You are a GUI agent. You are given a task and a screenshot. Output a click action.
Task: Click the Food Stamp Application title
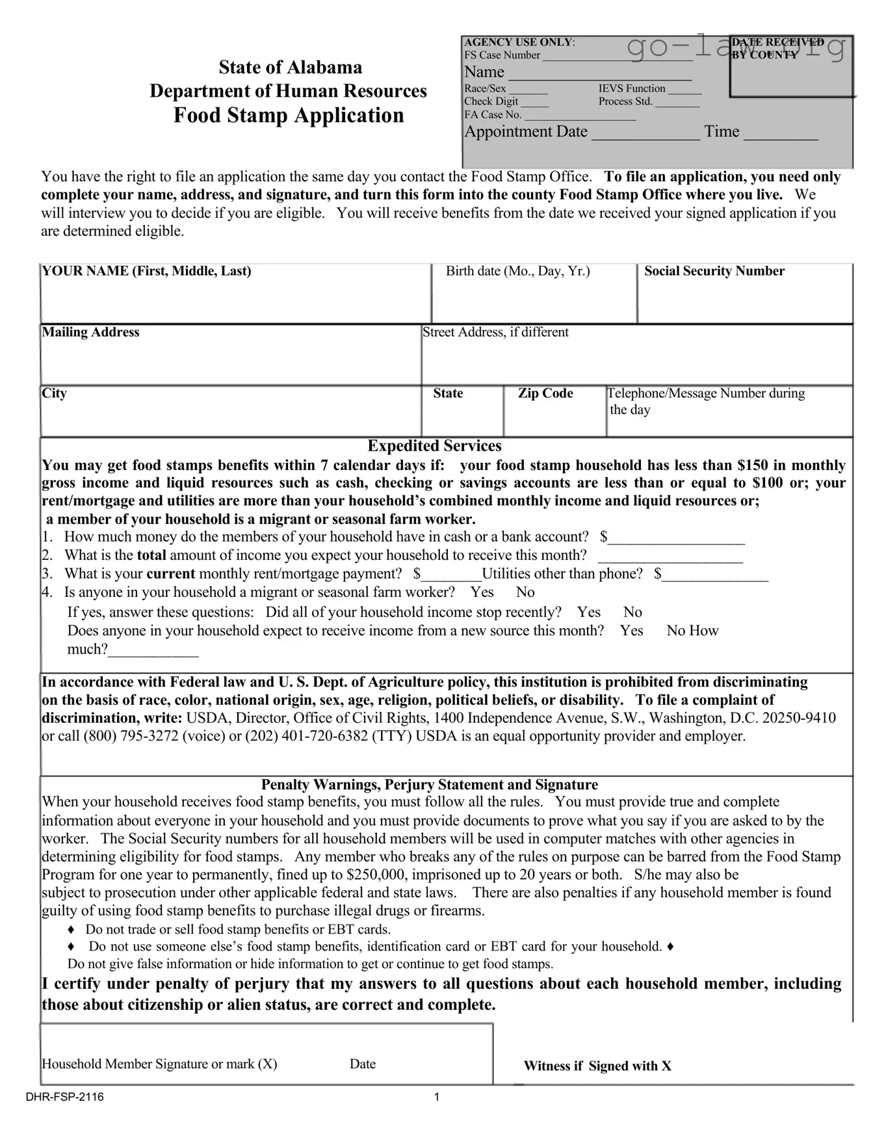click(x=289, y=115)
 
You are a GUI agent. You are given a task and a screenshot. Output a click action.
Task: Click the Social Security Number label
click(x=714, y=271)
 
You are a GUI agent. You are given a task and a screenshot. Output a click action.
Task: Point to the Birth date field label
click(x=517, y=271)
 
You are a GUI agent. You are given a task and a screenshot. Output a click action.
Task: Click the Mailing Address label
click(x=90, y=332)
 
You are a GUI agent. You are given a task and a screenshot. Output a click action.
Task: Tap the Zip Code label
click(x=545, y=393)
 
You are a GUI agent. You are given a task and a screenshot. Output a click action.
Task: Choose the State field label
click(x=448, y=393)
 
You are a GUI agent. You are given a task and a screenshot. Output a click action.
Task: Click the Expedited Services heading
click(x=434, y=446)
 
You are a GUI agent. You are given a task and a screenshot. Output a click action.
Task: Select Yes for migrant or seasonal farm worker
click(x=482, y=592)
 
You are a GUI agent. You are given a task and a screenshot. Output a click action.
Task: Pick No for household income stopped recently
click(x=632, y=612)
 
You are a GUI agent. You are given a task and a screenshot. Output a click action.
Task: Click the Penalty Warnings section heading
click(x=429, y=785)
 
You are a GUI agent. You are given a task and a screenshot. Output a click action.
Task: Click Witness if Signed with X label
click(x=597, y=1066)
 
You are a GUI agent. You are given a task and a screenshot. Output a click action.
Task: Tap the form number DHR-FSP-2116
click(x=64, y=1097)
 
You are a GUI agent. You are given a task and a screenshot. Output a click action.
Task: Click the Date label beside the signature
click(x=362, y=1064)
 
